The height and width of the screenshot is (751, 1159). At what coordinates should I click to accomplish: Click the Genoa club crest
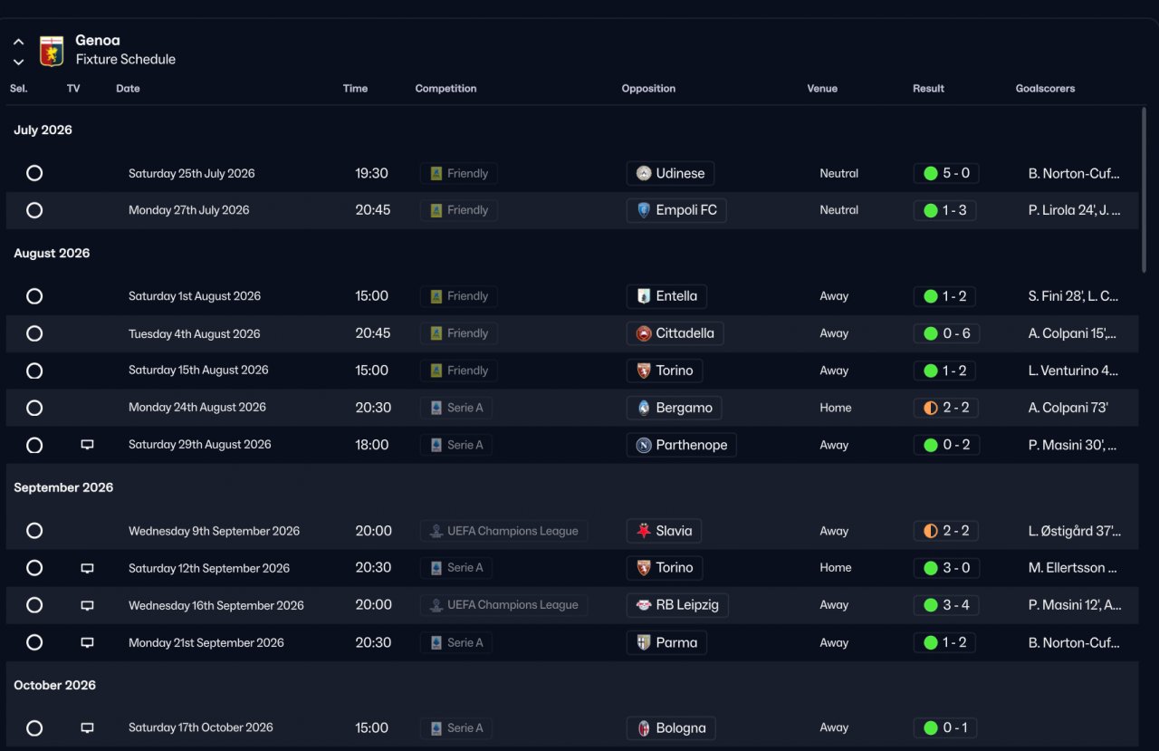[x=52, y=51]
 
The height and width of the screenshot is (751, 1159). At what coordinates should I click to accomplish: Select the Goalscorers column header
[x=1045, y=89]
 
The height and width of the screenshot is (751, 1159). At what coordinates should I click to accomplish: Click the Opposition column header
[x=648, y=89]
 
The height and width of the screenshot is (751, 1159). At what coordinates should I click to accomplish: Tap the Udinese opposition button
[x=670, y=173]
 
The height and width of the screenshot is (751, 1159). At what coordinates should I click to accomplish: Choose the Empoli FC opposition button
[x=675, y=210]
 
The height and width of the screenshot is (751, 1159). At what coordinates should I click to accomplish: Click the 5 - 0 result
[x=946, y=173]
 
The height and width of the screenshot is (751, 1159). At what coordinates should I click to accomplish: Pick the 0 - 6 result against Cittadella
[x=946, y=333]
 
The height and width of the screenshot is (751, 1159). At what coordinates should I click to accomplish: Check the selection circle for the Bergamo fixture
[x=34, y=408]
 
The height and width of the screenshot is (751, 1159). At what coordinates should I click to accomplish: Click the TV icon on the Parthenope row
[x=87, y=445]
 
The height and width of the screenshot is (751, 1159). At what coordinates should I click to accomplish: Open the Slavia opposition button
[x=665, y=531]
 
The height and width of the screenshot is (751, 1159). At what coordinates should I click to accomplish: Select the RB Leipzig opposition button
[x=676, y=605]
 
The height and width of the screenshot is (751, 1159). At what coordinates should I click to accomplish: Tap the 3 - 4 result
[x=946, y=605]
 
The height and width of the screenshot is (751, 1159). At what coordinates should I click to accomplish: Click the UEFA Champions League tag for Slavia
[x=503, y=531]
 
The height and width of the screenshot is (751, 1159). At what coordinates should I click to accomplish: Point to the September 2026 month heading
[x=63, y=487]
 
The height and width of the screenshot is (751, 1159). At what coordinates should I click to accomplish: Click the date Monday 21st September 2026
[x=206, y=642]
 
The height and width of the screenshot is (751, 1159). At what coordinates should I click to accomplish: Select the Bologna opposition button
[x=671, y=727]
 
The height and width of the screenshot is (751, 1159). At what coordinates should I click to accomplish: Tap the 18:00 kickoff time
[x=371, y=445]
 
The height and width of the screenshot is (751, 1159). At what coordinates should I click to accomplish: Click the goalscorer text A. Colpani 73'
[x=1068, y=408]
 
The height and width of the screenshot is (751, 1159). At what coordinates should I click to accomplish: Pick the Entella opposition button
[x=666, y=296]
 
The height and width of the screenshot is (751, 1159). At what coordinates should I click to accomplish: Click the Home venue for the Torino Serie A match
[x=835, y=568]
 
